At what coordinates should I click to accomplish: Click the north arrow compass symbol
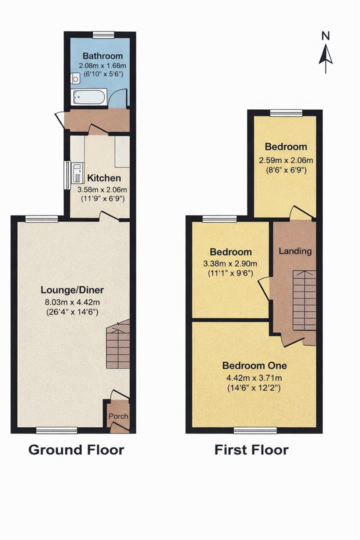pyautogui.click(x=325, y=52)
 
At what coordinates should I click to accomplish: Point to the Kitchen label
pyautogui.click(x=104, y=178)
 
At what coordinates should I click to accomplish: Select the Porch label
pyautogui.click(x=118, y=416)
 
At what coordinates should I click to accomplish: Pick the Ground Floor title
pyautogui.click(x=76, y=449)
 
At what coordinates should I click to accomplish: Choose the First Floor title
pyautogui.click(x=251, y=449)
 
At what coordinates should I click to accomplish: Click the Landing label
pyautogui.click(x=295, y=251)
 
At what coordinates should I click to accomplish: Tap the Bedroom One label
pyautogui.click(x=254, y=365)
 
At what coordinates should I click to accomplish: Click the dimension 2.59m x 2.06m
pyautogui.click(x=285, y=160)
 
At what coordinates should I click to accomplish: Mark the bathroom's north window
pyautogui.click(x=103, y=34)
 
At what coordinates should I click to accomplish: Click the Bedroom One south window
pyautogui.click(x=255, y=430)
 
